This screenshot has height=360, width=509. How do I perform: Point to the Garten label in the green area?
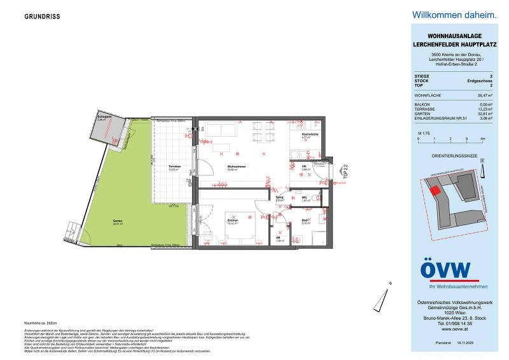(117, 221)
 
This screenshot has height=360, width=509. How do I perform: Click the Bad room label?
(305, 221)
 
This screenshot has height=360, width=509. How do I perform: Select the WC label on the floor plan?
(304, 198)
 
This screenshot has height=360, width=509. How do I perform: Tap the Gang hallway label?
(279, 198)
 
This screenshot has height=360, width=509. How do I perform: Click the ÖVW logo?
(445, 270)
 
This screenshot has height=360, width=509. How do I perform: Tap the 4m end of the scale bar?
(483, 138)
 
